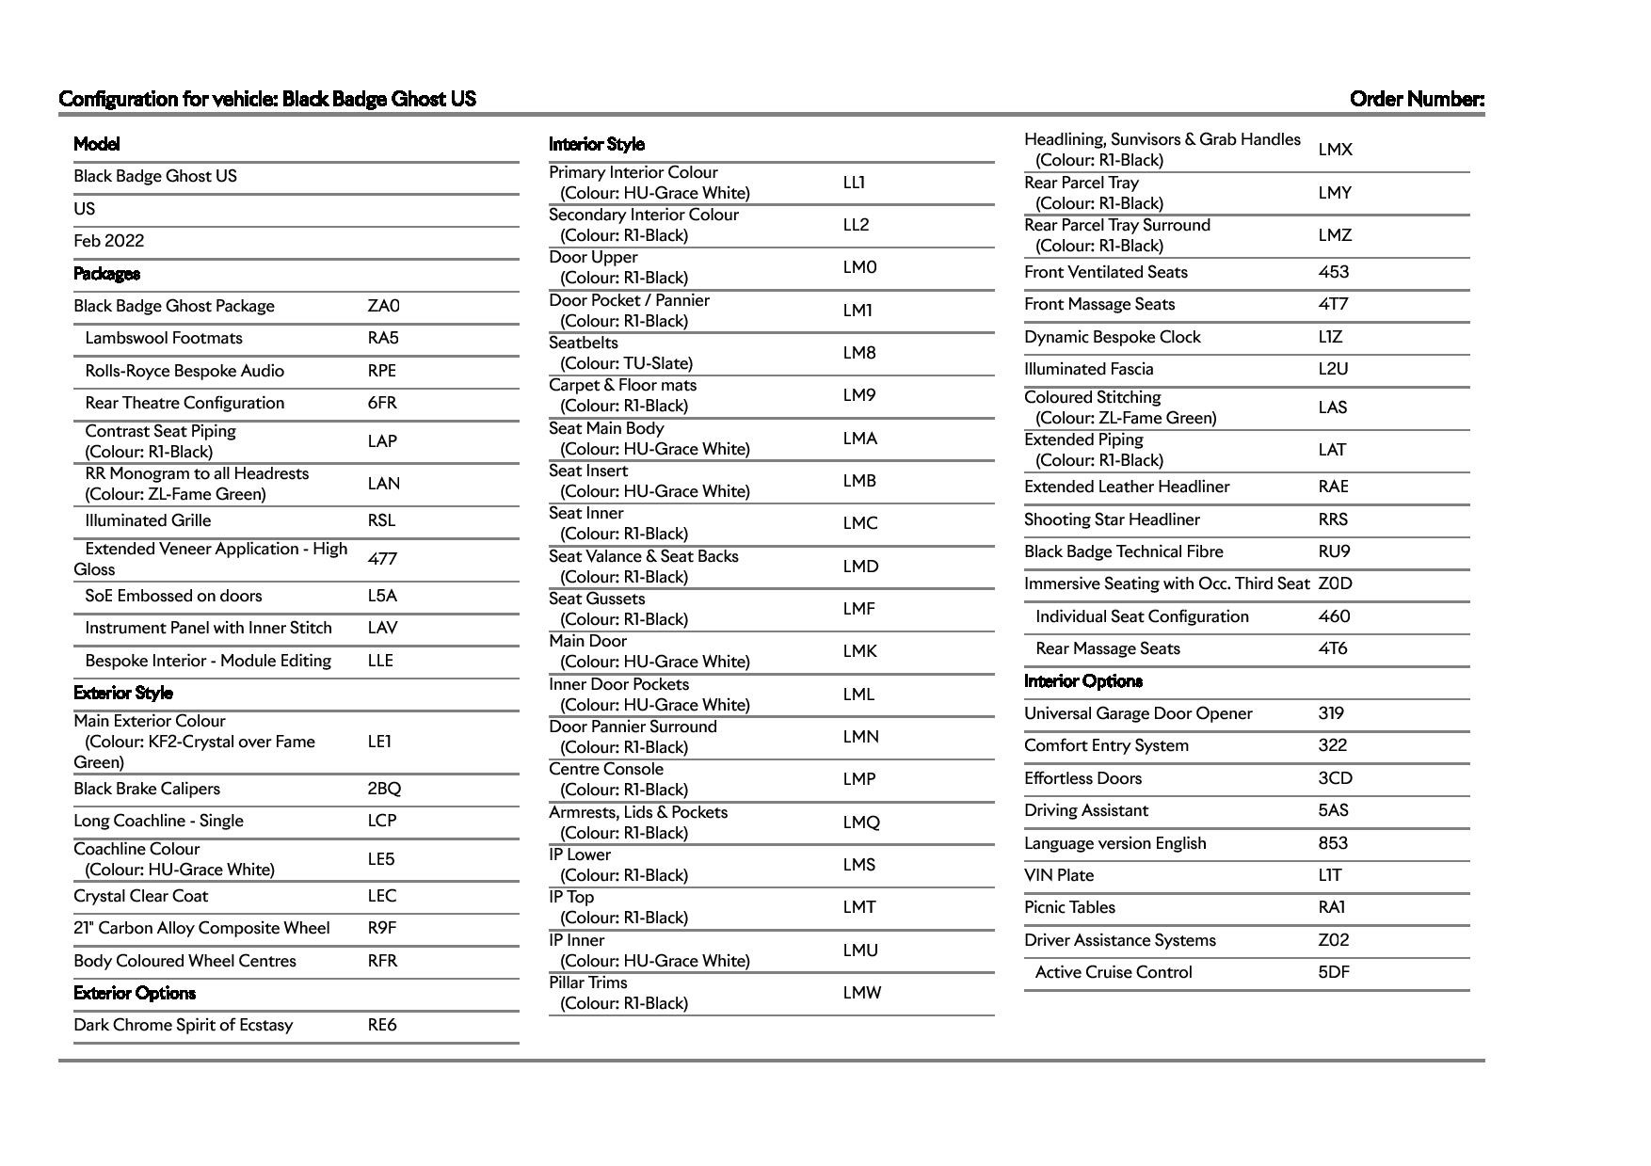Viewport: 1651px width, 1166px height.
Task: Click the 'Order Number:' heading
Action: [x=1417, y=99]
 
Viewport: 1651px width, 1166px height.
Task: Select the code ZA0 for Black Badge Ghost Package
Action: [x=383, y=306]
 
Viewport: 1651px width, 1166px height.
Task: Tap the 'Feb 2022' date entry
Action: [x=109, y=241]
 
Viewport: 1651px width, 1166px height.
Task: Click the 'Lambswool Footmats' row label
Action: [x=164, y=338]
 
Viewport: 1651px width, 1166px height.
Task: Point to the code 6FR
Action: [x=382, y=403]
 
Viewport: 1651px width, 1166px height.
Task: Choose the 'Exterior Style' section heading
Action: [x=123, y=693]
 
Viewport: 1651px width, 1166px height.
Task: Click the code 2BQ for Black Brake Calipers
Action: [x=384, y=789]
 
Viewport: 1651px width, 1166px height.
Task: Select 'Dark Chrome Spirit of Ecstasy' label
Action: [x=184, y=1025]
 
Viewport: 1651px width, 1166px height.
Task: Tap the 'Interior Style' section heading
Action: [x=597, y=144]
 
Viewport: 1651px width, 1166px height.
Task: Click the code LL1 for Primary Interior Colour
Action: [x=854, y=183]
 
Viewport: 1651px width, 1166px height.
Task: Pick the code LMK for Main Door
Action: [x=859, y=651]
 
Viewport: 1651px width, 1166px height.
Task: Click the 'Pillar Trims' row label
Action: [x=588, y=982]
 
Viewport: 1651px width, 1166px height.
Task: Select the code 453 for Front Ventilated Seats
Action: [x=1334, y=272]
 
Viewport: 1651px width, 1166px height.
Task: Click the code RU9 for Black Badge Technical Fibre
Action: [x=1334, y=551]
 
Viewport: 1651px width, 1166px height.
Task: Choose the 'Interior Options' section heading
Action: [x=1083, y=681]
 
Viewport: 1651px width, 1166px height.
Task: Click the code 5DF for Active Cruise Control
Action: [x=1334, y=972]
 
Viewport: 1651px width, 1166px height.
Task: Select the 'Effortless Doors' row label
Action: [x=1082, y=778]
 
